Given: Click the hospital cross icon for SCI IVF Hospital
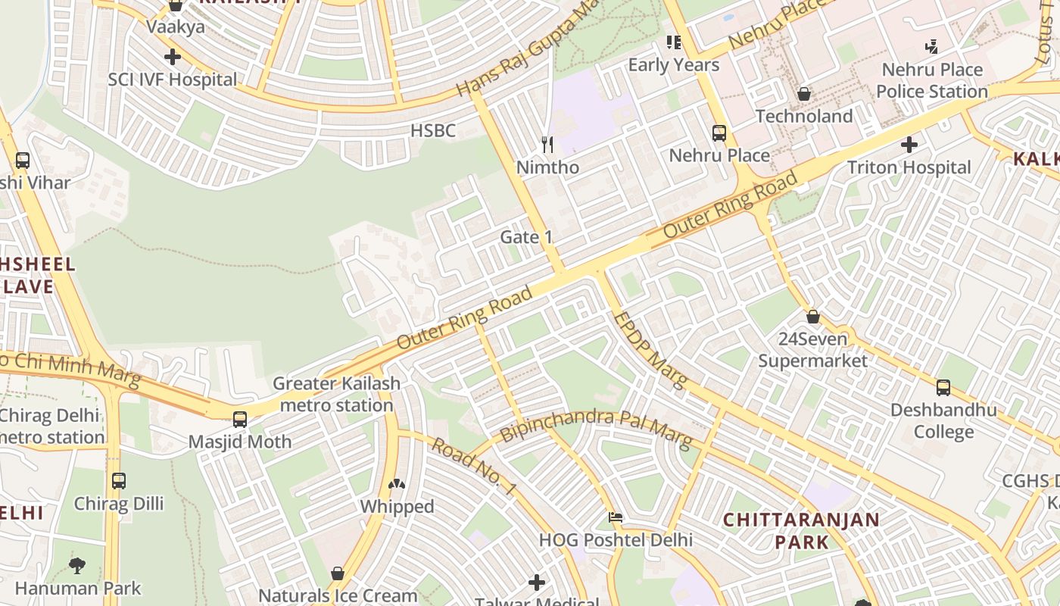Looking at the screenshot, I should click(x=173, y=57).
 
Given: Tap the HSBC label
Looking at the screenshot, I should click(x=433, y=131).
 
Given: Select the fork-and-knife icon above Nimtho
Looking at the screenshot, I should click(x=547, y=144).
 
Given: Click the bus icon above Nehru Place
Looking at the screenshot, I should click(x=719, y=133).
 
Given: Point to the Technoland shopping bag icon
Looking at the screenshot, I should click(x=804, y=94).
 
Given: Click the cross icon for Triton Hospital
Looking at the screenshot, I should click(x=909, y=144).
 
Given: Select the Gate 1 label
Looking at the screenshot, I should click(x=526, y=237).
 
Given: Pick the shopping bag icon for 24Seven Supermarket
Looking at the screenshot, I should click(x=813, y=316).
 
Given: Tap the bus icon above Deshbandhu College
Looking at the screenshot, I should click(x=943, y=388).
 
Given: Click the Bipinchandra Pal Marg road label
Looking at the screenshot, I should click(x=596, y=428).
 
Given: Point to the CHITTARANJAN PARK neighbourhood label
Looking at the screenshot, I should click(x=801, y=531).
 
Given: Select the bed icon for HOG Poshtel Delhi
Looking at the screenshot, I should click(x=616, y=518).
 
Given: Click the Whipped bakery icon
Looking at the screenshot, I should click(x=397, y=483).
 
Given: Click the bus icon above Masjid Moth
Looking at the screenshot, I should click(x=240, y=419).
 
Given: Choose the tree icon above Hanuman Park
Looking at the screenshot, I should click(x=77, y=565).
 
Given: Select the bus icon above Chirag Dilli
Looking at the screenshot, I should click(x=119, y=480).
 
